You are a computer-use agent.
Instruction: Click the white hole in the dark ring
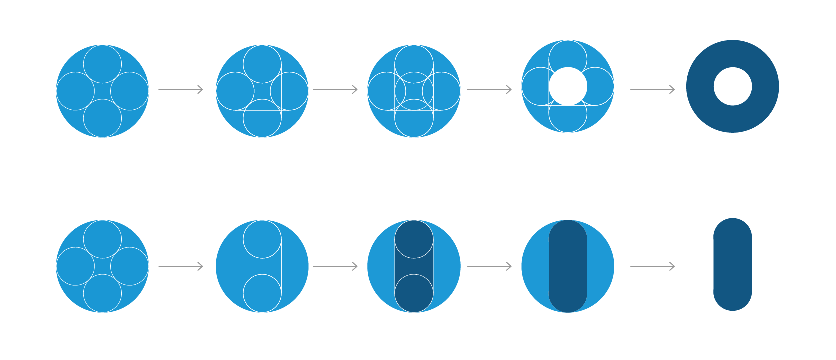(x=732, y=86)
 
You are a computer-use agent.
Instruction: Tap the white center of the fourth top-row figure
(x=567, y=86)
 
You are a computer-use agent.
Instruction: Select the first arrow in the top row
(x=180, y=89)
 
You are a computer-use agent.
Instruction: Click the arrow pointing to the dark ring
(x=652, y=89)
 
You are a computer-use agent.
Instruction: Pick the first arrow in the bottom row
(x=180, y=266)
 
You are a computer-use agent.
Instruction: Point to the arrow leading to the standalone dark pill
(x=652, y=266)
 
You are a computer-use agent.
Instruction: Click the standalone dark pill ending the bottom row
(x=732, y=264)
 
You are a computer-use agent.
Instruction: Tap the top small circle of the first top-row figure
(x=102, y=64)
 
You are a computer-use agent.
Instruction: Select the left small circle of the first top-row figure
(x=75, y=91)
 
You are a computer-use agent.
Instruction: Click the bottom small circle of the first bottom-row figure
(x=102, y=293)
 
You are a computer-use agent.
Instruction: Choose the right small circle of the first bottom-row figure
(x=129, y=266)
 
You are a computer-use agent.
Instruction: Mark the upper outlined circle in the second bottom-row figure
(x=262, y=239)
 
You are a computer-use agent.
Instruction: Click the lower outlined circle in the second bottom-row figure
(x=262, y=293)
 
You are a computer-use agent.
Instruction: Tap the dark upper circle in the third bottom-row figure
(x=413, y=239)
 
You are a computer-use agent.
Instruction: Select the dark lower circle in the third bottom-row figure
(x=413, y=293)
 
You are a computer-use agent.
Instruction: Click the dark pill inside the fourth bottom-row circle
(x=567, y=266)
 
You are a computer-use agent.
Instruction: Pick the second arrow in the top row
(x=335, y=89)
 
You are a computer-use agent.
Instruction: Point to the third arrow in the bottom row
(x=489, y=266)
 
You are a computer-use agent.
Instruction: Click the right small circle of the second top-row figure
(x=289, y=91)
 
